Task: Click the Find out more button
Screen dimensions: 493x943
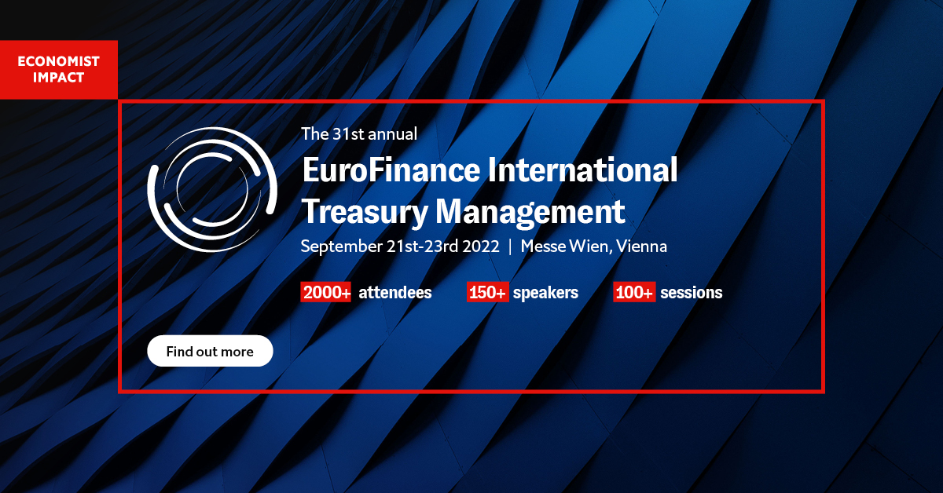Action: tap(210, 351)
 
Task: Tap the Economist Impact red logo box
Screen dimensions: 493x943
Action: tap(58, 69)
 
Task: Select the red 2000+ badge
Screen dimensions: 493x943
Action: tap(325, 293)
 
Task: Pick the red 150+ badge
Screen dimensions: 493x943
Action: tap(486, 293)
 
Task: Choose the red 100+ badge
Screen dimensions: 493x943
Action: tap(634, 293)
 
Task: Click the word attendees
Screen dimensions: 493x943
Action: tap(395, 293)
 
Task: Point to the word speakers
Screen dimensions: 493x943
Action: tap(545, 293)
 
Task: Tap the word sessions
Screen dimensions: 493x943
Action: tap(691, 293)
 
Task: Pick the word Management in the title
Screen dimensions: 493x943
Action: tap(530, 210)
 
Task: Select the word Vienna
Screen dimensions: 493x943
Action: tap(642, 246)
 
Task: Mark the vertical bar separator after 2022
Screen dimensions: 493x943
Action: tap(510, 246)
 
